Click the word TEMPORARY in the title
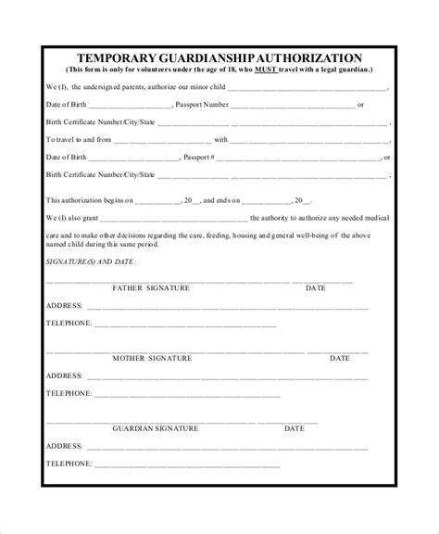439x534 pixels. (119, 57)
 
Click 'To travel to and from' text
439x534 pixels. (80, 139)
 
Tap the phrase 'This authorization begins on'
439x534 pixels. (90, 199)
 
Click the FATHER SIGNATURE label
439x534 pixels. (151, 288)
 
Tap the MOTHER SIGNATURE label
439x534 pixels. (152, 358)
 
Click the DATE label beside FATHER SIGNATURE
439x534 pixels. (315, 288)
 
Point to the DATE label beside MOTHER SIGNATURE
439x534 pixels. (340, 358)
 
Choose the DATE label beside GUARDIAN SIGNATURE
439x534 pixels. (294, 428)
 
